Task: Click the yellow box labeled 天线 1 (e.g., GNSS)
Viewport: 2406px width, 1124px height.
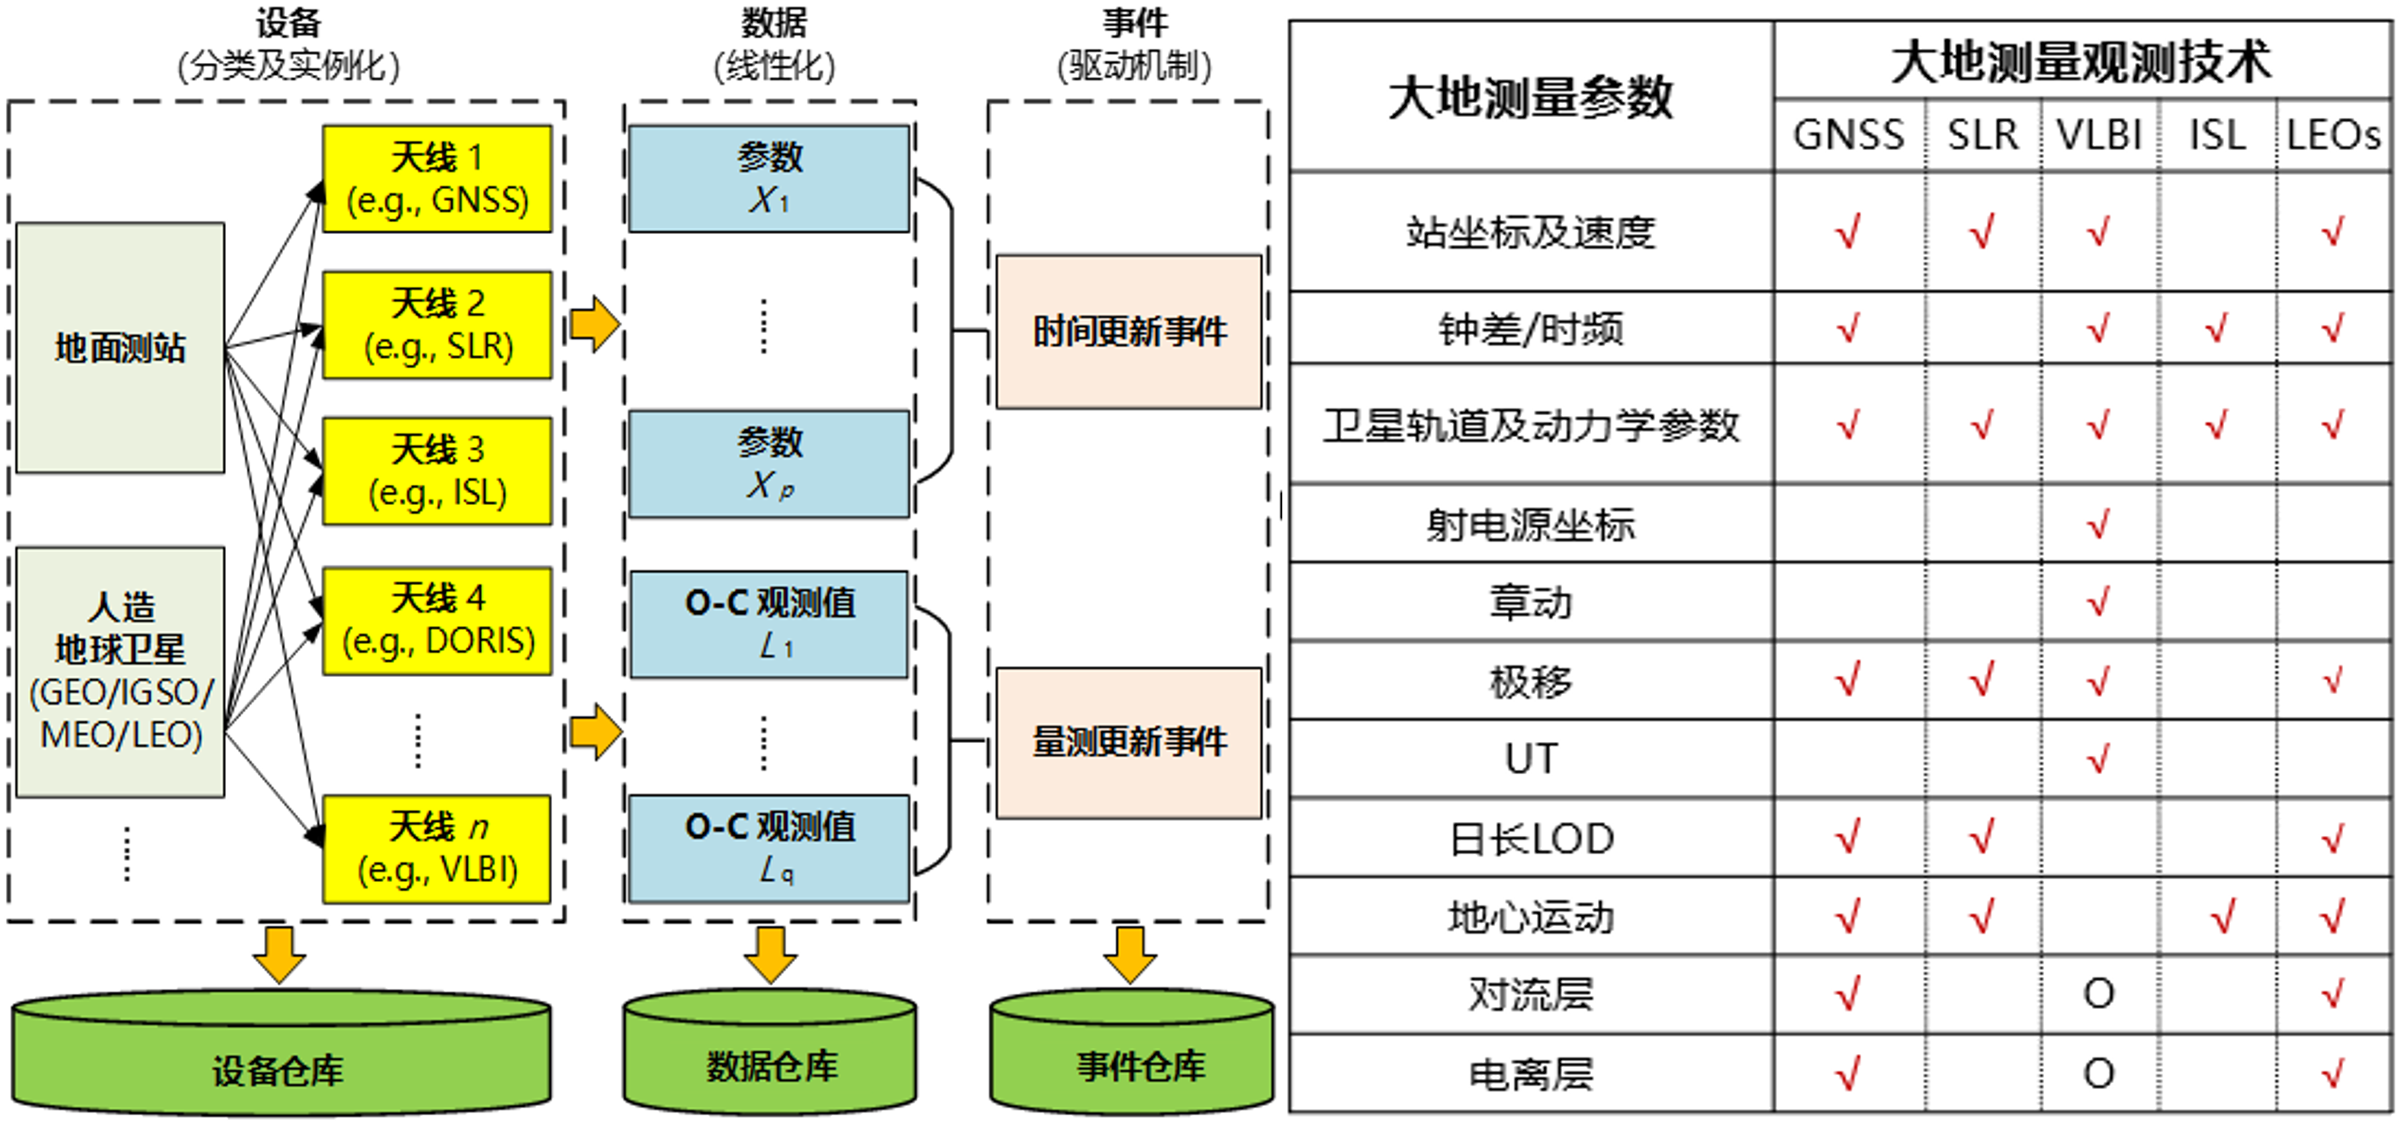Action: click(437, 179)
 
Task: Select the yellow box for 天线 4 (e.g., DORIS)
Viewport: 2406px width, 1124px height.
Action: click(437, 621)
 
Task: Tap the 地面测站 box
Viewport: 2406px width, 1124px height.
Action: click(120, 347)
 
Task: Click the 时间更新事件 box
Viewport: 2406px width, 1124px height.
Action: click(1128, 331)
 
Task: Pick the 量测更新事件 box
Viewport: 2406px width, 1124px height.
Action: click(1128, 743)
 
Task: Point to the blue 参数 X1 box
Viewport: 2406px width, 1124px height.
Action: click(768, 179)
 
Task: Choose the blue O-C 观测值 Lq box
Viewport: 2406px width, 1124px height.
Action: click(768, 848)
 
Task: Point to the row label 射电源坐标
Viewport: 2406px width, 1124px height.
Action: click(1530, 525)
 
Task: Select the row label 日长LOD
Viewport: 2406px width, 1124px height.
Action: click(1530, 838)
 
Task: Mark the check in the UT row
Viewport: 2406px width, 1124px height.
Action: click(2098, 759)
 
